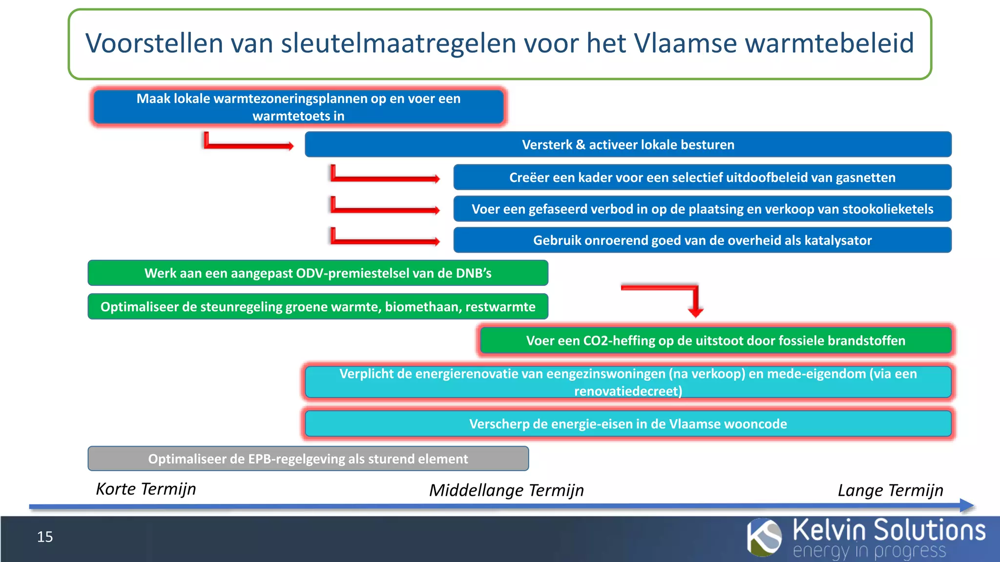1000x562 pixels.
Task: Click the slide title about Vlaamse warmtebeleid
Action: (500, 43)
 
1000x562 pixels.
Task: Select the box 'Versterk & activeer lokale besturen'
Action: (628, 144)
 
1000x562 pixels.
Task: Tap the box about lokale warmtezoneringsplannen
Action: (298, 107)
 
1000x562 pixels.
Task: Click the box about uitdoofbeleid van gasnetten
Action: (702, 177)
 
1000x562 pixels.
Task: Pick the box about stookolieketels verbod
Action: (702, 209)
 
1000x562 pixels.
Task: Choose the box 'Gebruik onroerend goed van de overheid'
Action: (702, 240)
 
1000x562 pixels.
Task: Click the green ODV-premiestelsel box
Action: (318, 273)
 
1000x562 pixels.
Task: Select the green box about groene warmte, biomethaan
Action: (318, 306)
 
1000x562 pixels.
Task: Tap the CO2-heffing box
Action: (715, 340)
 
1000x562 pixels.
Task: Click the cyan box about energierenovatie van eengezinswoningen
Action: (628, 382)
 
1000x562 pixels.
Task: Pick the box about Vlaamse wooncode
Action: (628, 423)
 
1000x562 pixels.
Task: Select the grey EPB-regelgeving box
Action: (308, 459)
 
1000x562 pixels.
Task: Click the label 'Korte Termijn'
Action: (146, 489)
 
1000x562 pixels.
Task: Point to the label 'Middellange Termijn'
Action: (506, 490)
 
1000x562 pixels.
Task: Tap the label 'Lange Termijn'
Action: (890, 490)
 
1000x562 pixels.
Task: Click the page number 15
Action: (45, 537)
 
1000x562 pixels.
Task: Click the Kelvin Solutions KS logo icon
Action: (764, 537)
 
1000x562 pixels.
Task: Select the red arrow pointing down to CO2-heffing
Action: (695, 300)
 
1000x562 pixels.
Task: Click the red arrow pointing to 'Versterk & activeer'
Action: (249, 145)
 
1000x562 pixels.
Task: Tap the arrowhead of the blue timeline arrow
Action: (967, 505)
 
